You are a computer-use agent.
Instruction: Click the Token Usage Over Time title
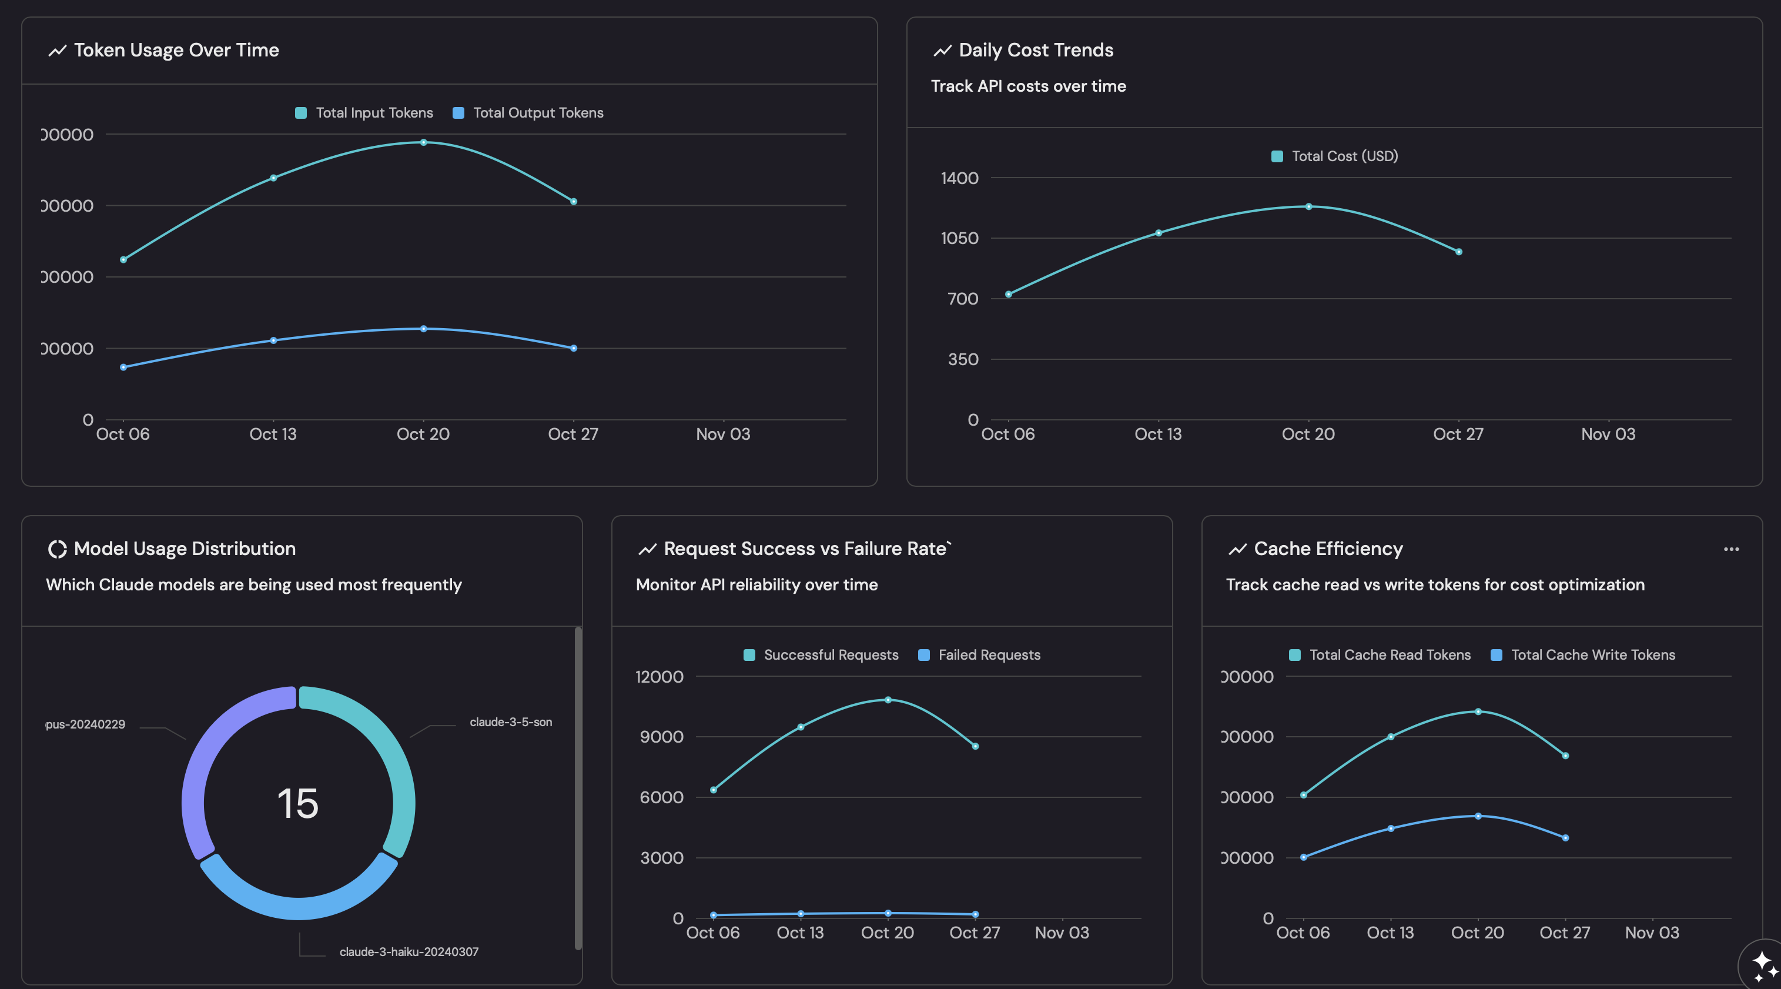pyautogui.click(x=176, y=51)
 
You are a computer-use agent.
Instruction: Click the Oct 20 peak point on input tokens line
pyautogui.click(x=424, y=142)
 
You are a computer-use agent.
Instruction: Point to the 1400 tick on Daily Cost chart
pyautogui.click(x=960, y=178)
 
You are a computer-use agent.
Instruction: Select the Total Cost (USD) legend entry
pyautogui.click(x=1335, y=156)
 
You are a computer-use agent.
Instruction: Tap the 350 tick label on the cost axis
pyautogui.click(x=963, y=360)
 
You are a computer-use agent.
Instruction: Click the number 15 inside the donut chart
pyautogui.click(x=298, y=804)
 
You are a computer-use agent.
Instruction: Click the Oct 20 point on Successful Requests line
pyautogui.click(x=888, y=700)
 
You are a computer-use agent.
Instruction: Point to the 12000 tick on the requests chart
pyautogui.click(x=659, y=677)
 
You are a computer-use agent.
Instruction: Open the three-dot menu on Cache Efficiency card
pyautogui.click(x=1731, y=549)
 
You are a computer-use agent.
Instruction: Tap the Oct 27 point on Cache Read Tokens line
pyautogui.click(x=1565, y=756)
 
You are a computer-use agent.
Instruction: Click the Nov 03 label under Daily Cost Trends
pyautogui.click(x=1608, y=435)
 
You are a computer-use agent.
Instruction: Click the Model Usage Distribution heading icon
pyautogui.click(x=56, y=549)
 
